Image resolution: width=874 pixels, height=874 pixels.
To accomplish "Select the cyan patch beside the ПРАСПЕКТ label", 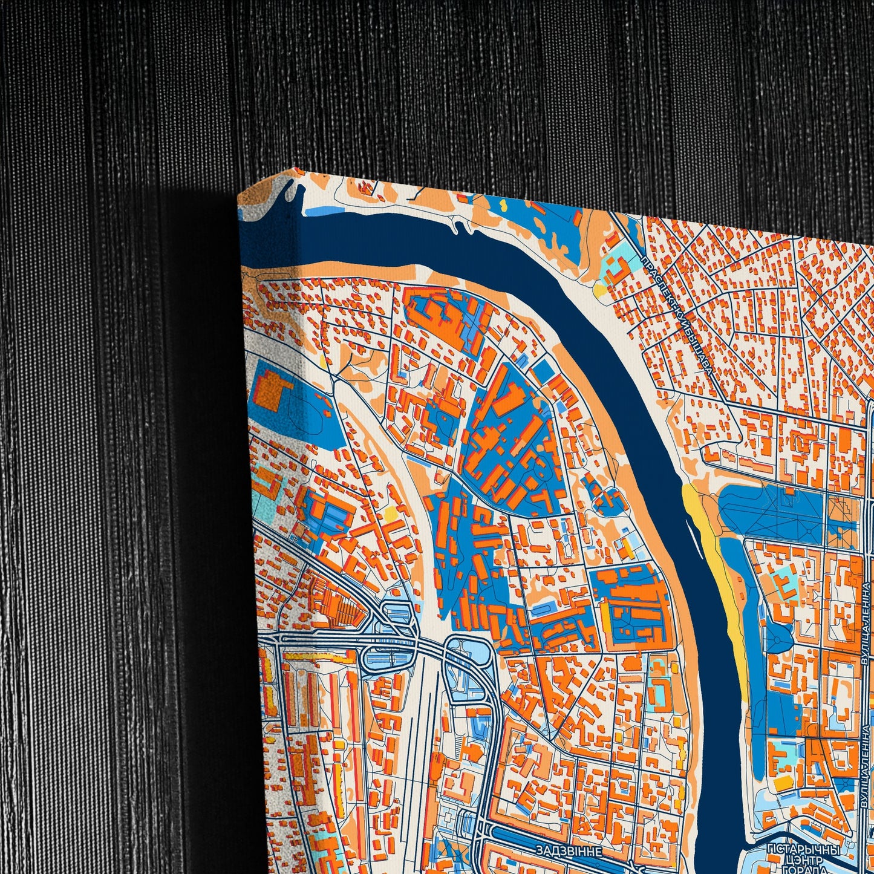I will point(617,267).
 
